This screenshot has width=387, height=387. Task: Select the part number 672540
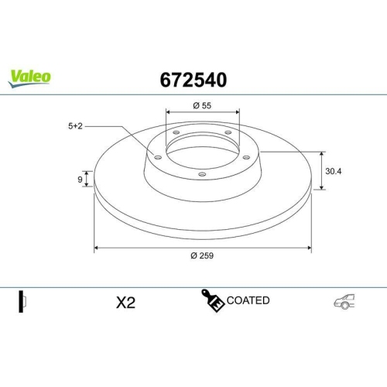(x=193, y=80)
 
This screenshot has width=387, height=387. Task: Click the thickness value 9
(x=80, y=180)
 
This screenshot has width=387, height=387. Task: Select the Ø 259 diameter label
(x=203, y=257)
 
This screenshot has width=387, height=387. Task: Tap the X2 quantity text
(x=125, y=303)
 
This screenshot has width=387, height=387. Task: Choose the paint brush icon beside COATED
(x=213, y=301)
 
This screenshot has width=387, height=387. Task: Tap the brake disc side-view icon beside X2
(x=22, y=301)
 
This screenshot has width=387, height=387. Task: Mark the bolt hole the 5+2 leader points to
(x=159, y=158)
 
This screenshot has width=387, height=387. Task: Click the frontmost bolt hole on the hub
(x=202, y=174)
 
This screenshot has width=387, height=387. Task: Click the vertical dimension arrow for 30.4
(x=321, y=170)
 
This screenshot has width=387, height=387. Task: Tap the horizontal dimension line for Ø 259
(x=203, y=248)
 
